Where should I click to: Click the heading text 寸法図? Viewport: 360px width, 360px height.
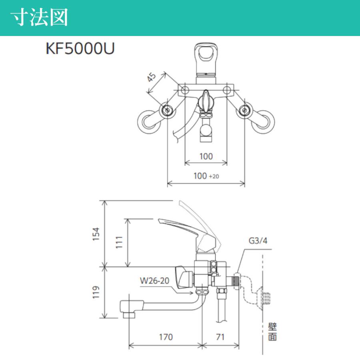click(39, 18)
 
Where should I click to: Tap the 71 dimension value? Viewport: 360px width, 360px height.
click(220, 337)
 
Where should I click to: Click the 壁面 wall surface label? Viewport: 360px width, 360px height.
click(272, 332)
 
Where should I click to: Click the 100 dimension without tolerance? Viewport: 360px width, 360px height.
click(206, 156)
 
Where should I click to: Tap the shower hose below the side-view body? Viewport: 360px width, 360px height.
click(222, 308)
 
